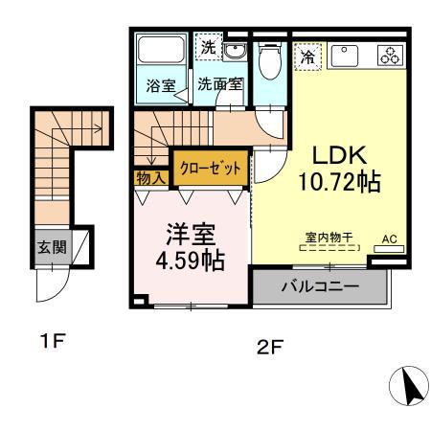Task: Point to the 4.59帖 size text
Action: click(x=191, y=260)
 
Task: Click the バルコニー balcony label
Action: click(x=320, y=286)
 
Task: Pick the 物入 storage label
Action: click(x=151, y=177)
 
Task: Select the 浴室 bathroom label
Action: click(x=159, y=83)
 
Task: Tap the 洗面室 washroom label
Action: click(x=219, y=83)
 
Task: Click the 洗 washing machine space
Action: click(x=207, y=46)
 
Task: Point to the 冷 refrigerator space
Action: click(x=307, y=57)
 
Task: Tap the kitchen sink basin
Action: click(x=346, y=56)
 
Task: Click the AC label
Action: click(x=389, y=238)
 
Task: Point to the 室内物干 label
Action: click(x=329, y=237)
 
